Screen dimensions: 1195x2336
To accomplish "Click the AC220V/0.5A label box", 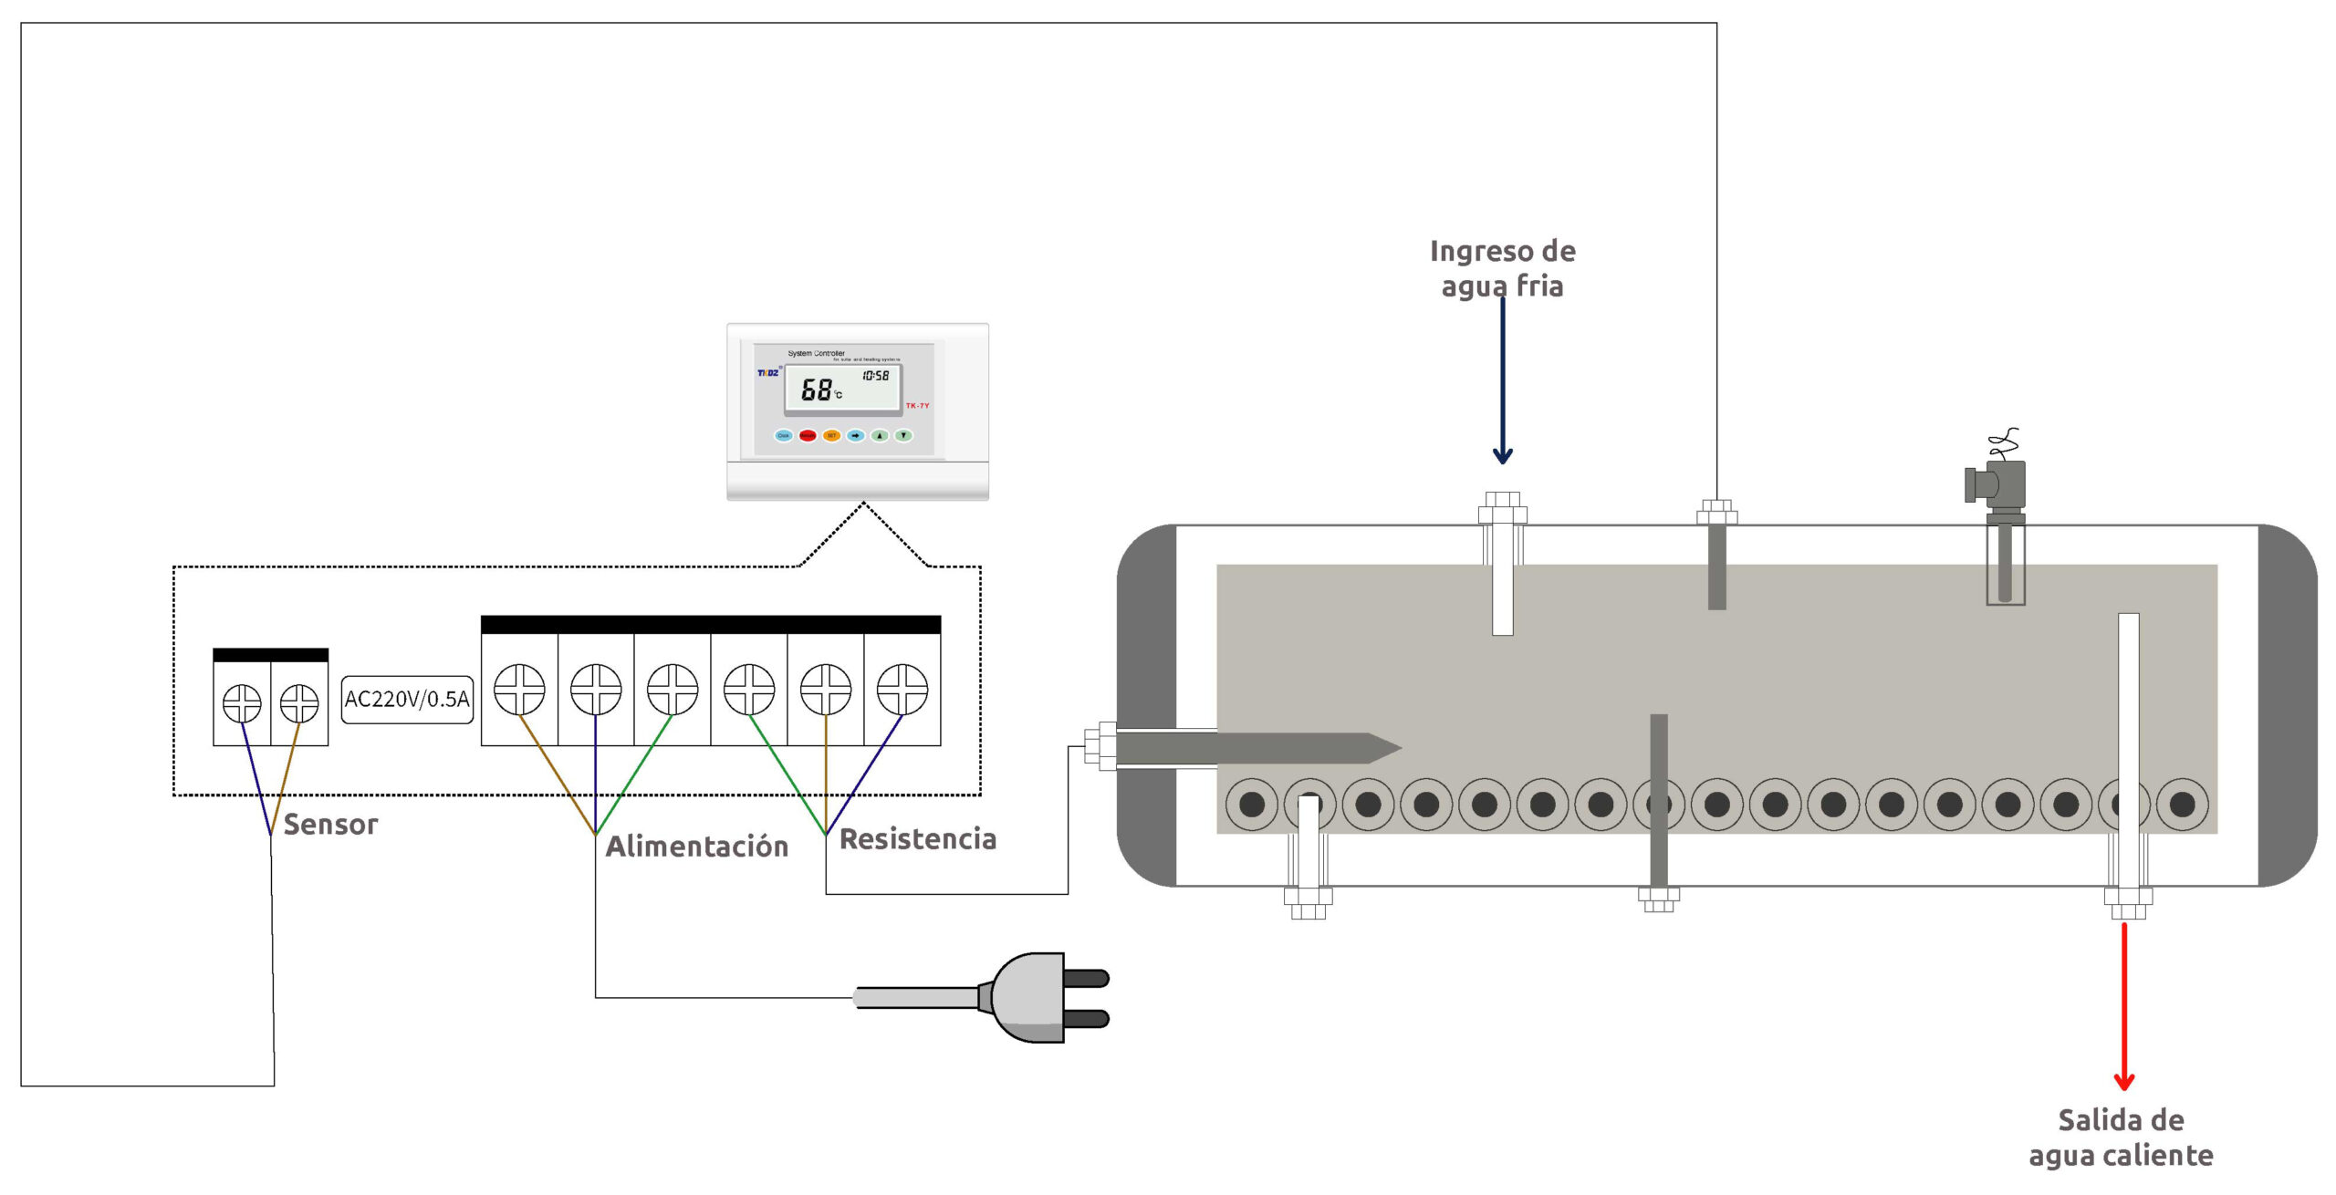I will pyautogui.click(x=407, y=700).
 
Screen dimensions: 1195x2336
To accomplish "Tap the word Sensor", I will pyautogui.click(x=330, y=825).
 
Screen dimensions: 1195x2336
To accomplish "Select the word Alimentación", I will pyautogui.click(x=697, y=847).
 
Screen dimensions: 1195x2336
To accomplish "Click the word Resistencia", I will pyautogui.click(x=918, y=839).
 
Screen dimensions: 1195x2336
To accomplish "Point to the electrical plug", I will pyautogui.click(x=1040, y=997).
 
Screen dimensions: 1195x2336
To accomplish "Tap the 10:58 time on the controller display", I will pyautogui.click(x=876, y=376).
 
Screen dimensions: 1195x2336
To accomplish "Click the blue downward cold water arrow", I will pyautogui.click(x=1503, y=383).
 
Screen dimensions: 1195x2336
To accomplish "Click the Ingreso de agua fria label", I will pyautogui.click(x=1503, y=268).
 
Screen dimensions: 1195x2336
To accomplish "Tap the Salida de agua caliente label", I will pyautogui.click(x=2122, y=1138).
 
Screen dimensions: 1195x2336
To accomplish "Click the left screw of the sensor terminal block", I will pyautogui.click(x=242, y=703).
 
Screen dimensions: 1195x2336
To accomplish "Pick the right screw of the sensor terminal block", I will pyautogui.click(x=299, y=703).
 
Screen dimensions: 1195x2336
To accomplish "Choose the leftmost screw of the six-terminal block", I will pyautogui.click(x=519, y=689).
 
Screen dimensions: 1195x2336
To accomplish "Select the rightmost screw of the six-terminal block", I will pyautogui.click(x=902, y=689).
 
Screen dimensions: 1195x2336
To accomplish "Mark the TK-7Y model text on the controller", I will pyautogui.click(x=917, y=406).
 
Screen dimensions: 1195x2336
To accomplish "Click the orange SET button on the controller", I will pyautogui.click(x=831, y=436).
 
